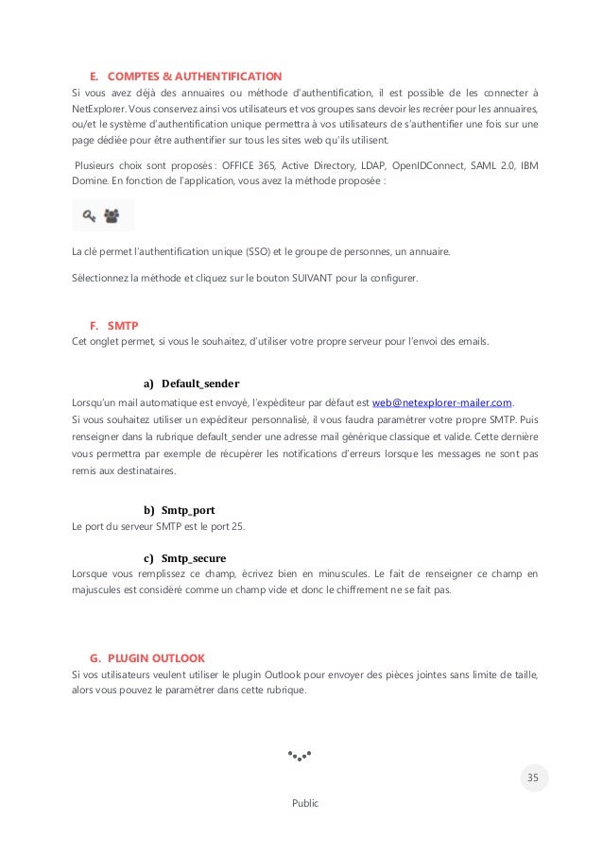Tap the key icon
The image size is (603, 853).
click(x=89, y=216)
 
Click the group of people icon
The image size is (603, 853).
click(x=112, y=216)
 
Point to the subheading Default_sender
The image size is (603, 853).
click(x=199, y=384)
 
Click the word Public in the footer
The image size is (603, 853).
click(x=305, y=803)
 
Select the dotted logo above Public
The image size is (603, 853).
click(x=301, y=757)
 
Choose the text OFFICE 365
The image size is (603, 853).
click(x=248, y=166)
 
